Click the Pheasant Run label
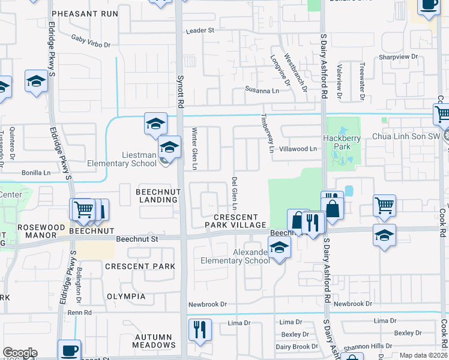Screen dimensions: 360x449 tap(80, 13)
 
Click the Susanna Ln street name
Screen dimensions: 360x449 tap(262, 90)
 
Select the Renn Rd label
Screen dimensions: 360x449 tap(79, 312)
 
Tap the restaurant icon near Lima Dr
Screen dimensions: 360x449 tap(200, 329)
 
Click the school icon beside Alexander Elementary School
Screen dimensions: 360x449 tap(279, 247)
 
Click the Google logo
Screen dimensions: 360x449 tap(20, 352)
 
